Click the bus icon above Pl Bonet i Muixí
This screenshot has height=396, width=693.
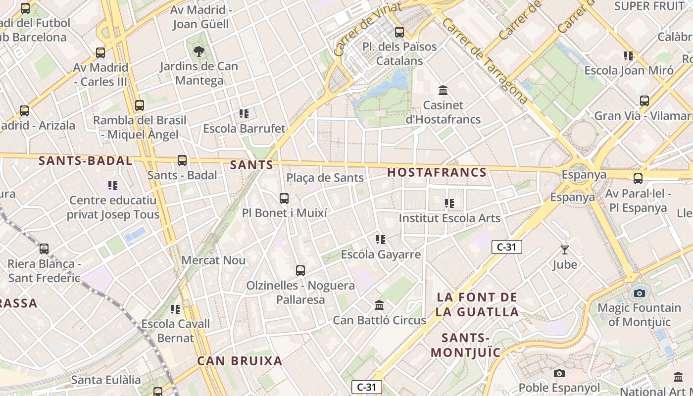(x=284, y=198)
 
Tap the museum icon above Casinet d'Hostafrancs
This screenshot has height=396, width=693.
(x=443, y=91)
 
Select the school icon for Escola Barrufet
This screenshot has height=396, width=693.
(x=244, y=114)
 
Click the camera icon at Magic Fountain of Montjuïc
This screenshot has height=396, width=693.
(x=640, y=293)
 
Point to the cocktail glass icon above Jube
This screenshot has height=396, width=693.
(x=565, y=250)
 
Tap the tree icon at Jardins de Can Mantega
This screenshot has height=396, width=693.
(x=198, y=51)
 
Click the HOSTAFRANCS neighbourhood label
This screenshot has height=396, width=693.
(x=437, y=172)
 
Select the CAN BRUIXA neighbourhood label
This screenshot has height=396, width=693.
(x=240, y=361)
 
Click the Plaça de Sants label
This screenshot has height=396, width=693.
(x=325, y=178)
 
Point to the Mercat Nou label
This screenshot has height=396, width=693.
(x=213, y=260)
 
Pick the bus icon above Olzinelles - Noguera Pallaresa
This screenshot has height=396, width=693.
(x=300, y=271)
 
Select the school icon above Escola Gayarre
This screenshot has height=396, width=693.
(x=381, y=240)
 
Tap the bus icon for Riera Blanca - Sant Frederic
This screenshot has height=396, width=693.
(x=44, y=249)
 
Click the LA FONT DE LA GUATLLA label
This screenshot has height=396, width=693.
(x=477, y=304)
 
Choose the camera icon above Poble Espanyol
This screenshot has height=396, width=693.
(x=559, y=373)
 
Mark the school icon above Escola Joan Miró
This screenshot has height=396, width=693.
(x=629, y=56)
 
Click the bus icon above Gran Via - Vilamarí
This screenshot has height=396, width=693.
(x=644, y=101)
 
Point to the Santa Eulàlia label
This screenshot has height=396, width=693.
(x=106, y=380)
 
